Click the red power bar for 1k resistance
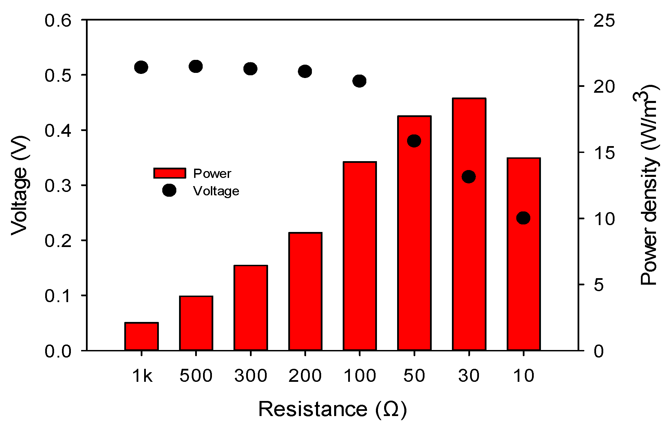click(141, 336)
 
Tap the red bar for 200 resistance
click(305, 291)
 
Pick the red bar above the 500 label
click(196, 323)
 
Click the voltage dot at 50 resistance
click(414, 141)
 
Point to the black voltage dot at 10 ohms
click(523, 218)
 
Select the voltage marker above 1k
click(141, 67)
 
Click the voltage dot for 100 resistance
click(359, 81)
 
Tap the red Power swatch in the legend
click(169, 173)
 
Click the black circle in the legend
click(169, 190)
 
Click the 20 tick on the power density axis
click(604, 86)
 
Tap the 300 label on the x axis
click(251, 376)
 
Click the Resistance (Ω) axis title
click(332, 409)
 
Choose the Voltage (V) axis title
click(20, 186)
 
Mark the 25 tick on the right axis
click(604, 21)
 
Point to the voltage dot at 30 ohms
click(469, 177)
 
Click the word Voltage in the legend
click(216, 191)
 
